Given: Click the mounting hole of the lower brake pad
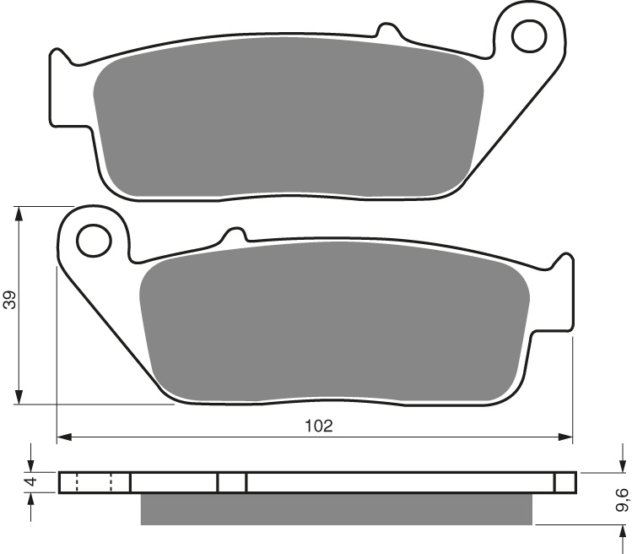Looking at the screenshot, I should coord(94,240).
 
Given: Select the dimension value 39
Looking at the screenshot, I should coord(9,299).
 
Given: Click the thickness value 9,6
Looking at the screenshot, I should coord(622,500).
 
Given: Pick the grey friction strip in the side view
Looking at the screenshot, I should coord(336,508).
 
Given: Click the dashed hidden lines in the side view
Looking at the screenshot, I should coord(94,482).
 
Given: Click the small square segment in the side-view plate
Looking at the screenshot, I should coord(232,482).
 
